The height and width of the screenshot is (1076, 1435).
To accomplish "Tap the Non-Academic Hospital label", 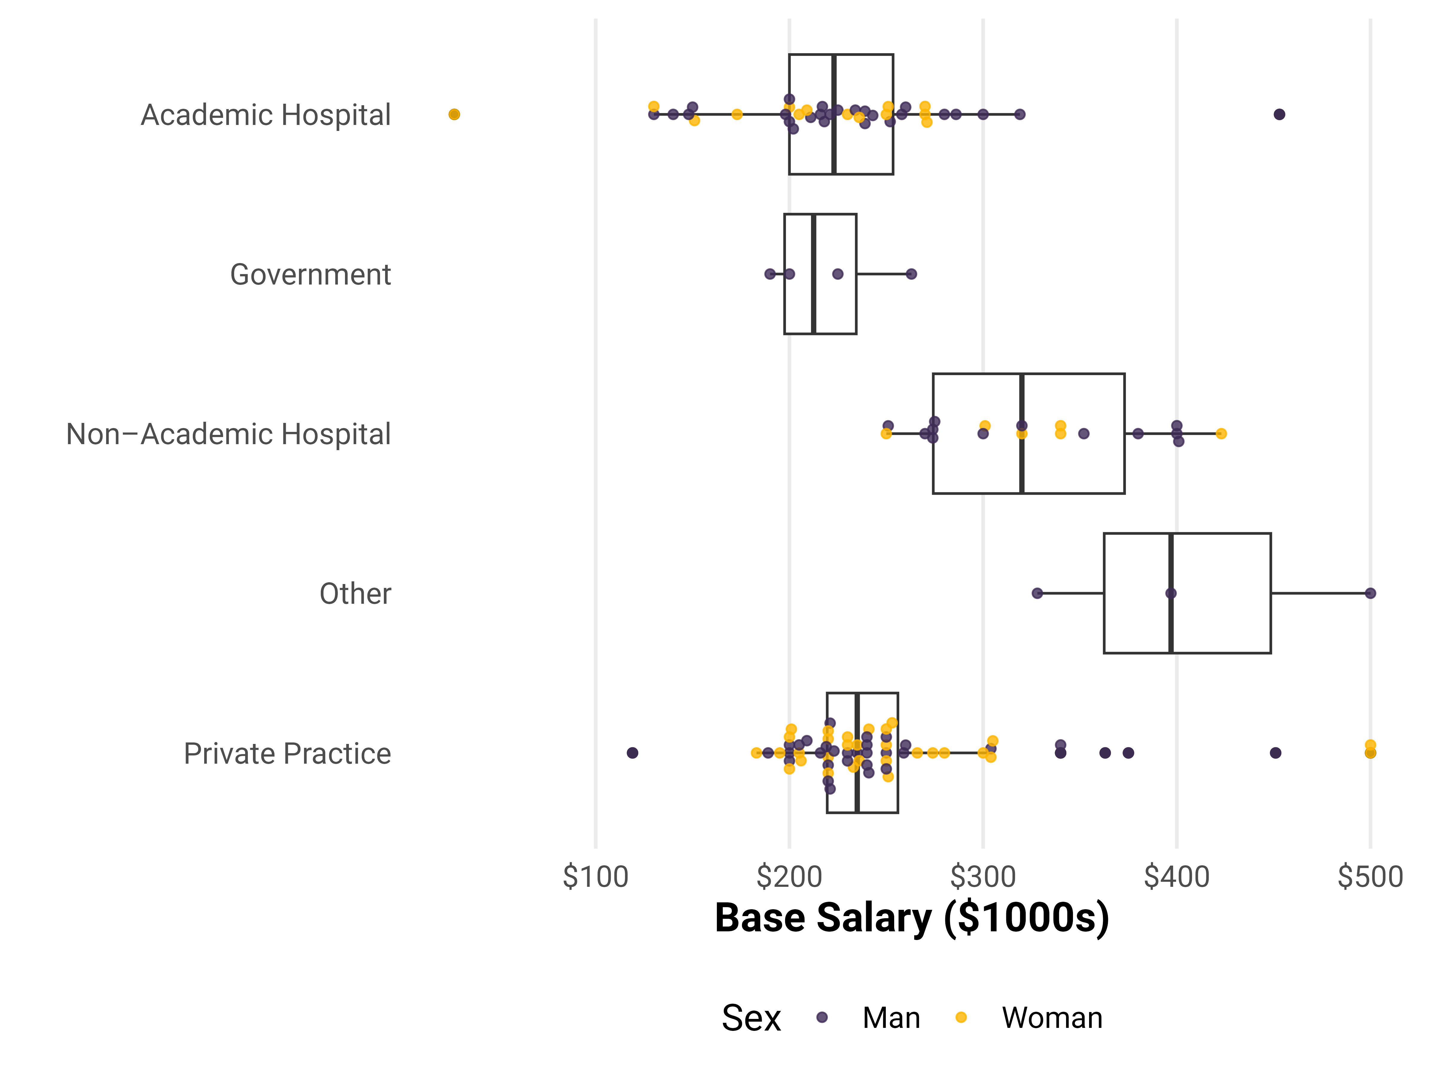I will coord(228,434).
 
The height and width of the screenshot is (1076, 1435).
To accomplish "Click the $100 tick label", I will coord(596,877).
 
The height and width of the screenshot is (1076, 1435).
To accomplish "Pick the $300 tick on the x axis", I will coord(983,877).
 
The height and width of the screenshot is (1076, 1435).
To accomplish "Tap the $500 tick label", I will coord(1370,877).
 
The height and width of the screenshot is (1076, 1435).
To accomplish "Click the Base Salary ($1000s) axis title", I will coord(912,918).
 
